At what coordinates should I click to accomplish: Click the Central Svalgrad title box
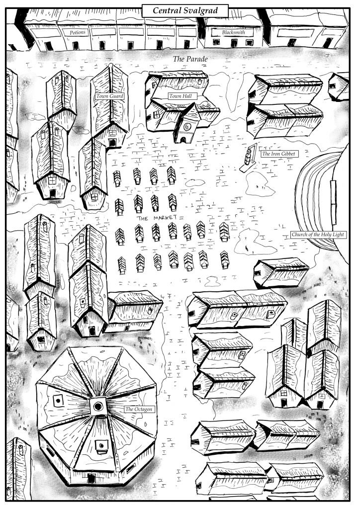[x=185, y=11]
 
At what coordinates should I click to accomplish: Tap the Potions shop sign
[x=78, y=32]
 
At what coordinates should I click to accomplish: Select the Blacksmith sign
[x=233, y=32]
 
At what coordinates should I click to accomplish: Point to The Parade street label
[x=190, y=59]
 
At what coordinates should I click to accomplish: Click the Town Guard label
[x=109, y=96]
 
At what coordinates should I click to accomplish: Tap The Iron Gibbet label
[x=278, y=154]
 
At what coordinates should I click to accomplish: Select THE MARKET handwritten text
[x=157, y=218]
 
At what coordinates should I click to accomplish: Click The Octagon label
[x=139, y=409]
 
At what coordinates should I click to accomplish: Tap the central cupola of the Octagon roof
[x=98, y=406]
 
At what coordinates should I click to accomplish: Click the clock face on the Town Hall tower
[x=187, y=126]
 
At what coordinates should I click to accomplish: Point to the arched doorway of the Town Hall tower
[x=183, y=140]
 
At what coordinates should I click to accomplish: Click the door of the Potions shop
[x=75, y=46]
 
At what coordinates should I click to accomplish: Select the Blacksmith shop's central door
[x=234, y=43]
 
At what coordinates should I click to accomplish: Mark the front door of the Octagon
[x=91, y=478]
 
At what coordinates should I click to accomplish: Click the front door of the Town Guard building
[x=112, y=143]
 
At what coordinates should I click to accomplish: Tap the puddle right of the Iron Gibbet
[x=260, y=184]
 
